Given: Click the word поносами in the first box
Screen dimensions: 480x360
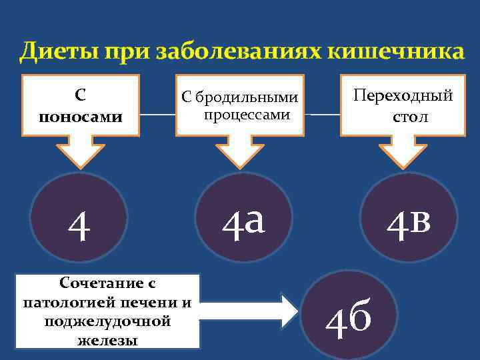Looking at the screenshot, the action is pos(81,117).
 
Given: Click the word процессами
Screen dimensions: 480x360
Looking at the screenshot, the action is pos(247,115).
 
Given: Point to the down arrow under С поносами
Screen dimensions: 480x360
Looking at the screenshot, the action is pos(79,152).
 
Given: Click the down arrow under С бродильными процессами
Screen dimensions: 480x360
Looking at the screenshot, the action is pos(240,152).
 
